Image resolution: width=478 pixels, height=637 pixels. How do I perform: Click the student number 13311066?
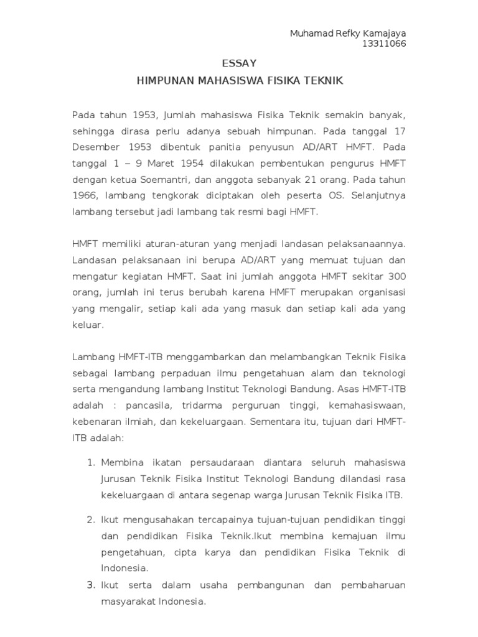pyautogui.click(x=388, y=44)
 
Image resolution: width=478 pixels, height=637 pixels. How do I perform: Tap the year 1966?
pyautogui.click(x=84, y=195)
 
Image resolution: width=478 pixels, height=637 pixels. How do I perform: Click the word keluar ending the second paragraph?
pyautogui.click(x=87, y=325)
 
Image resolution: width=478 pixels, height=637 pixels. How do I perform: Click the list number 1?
pyautogui.click(x=90, y=463)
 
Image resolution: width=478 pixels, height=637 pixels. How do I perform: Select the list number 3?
pyautogui.click(x=90, y=585)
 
